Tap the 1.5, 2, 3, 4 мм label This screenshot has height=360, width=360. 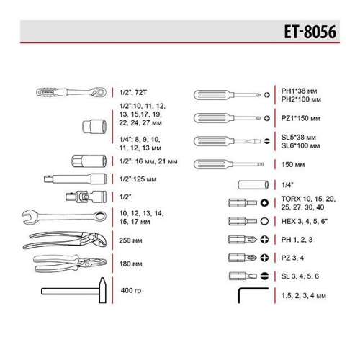[305, 296]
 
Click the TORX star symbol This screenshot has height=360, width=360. [266, 203]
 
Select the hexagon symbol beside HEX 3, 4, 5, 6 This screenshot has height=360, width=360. [266, 221]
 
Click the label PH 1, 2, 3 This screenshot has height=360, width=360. [296, 239]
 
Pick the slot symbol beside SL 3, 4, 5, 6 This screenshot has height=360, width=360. [266, 276]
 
